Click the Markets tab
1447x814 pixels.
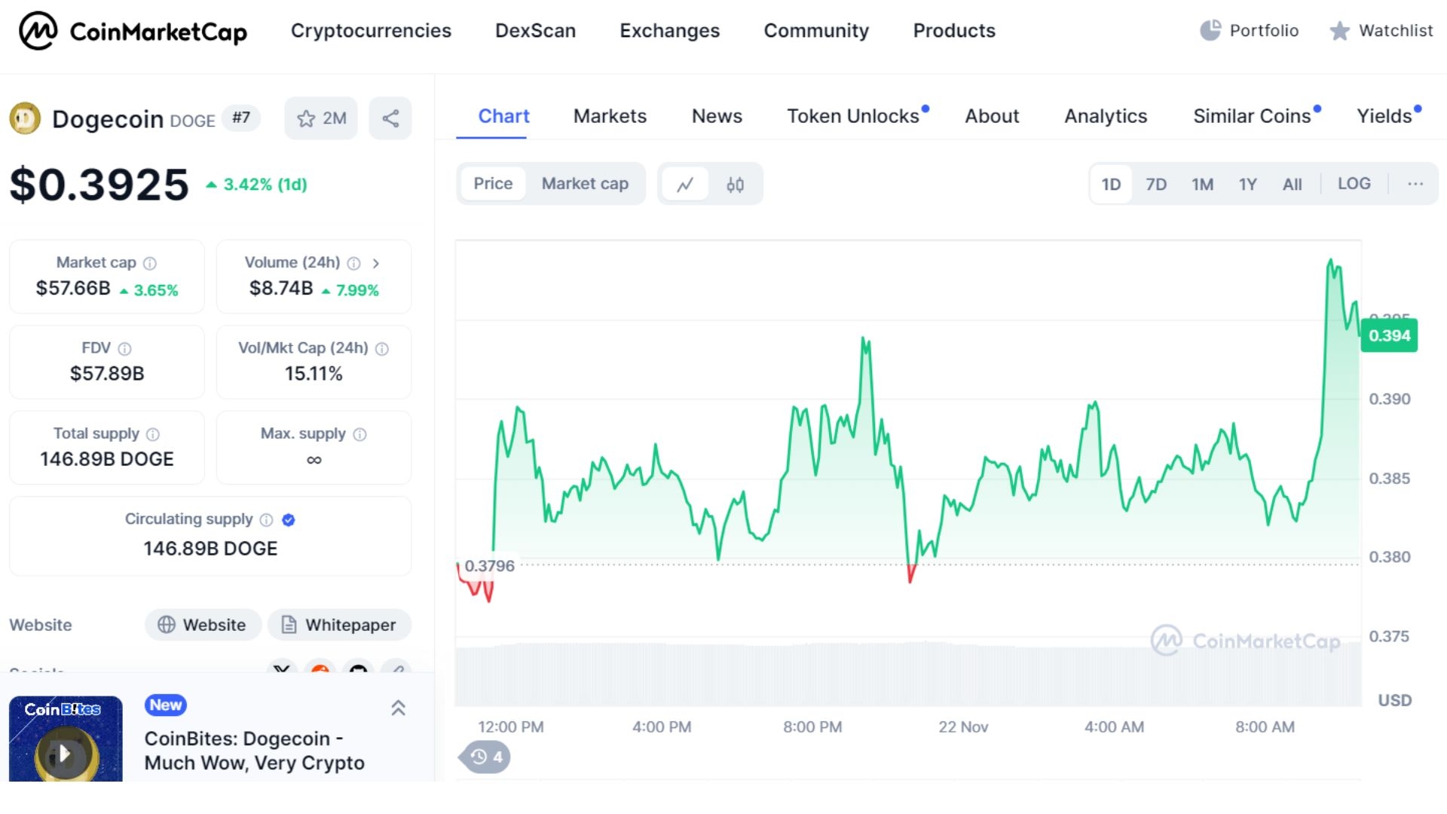point(610,116)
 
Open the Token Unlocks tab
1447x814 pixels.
point(853,116)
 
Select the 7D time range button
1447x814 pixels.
point(1155,184)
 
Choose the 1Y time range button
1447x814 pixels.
point(1247,184)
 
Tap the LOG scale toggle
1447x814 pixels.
point(1354,184)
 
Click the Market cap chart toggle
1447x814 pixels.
point(585,184)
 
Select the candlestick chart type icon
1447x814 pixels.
point(735,185)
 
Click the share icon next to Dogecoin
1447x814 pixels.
point(390,118)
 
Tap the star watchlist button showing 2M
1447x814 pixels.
point(321,118)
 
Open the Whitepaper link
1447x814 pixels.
point(340,625)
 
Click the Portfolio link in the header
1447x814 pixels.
point(1250,31)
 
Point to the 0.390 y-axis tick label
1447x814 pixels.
point(1389,399)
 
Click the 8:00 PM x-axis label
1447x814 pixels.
point(812,727)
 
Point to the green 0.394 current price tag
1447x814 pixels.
point(1389,335)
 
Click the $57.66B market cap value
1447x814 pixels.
point(73,289)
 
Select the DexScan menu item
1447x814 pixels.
point(535,31)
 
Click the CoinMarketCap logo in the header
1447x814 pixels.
point(133,31)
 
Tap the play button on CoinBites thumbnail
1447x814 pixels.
point(65,753)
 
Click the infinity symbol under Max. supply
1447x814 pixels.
point(314,460)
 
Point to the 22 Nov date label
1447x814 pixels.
point(962,727)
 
